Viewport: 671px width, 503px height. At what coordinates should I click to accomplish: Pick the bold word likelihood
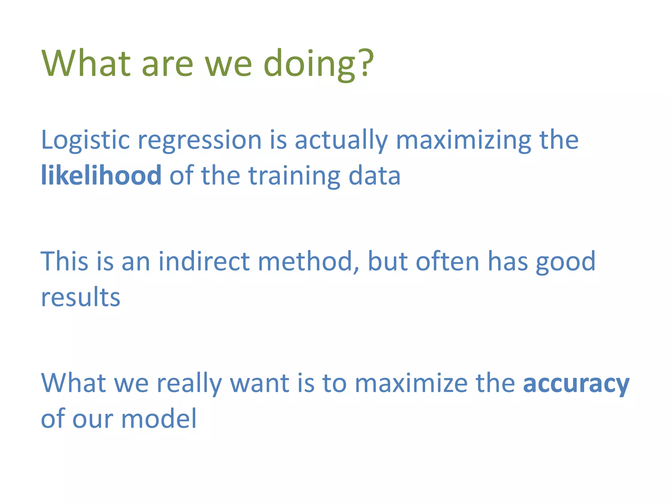pyautogui.click(x=101, y=176)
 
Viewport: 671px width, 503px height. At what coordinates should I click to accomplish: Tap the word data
pyautogui.click(x=374, y=176)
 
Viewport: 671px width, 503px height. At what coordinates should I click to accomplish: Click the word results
pyautogui.click(x=81, y=297)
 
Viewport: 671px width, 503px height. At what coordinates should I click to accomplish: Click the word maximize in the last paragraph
pyautogui.click(x=411, y=383)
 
